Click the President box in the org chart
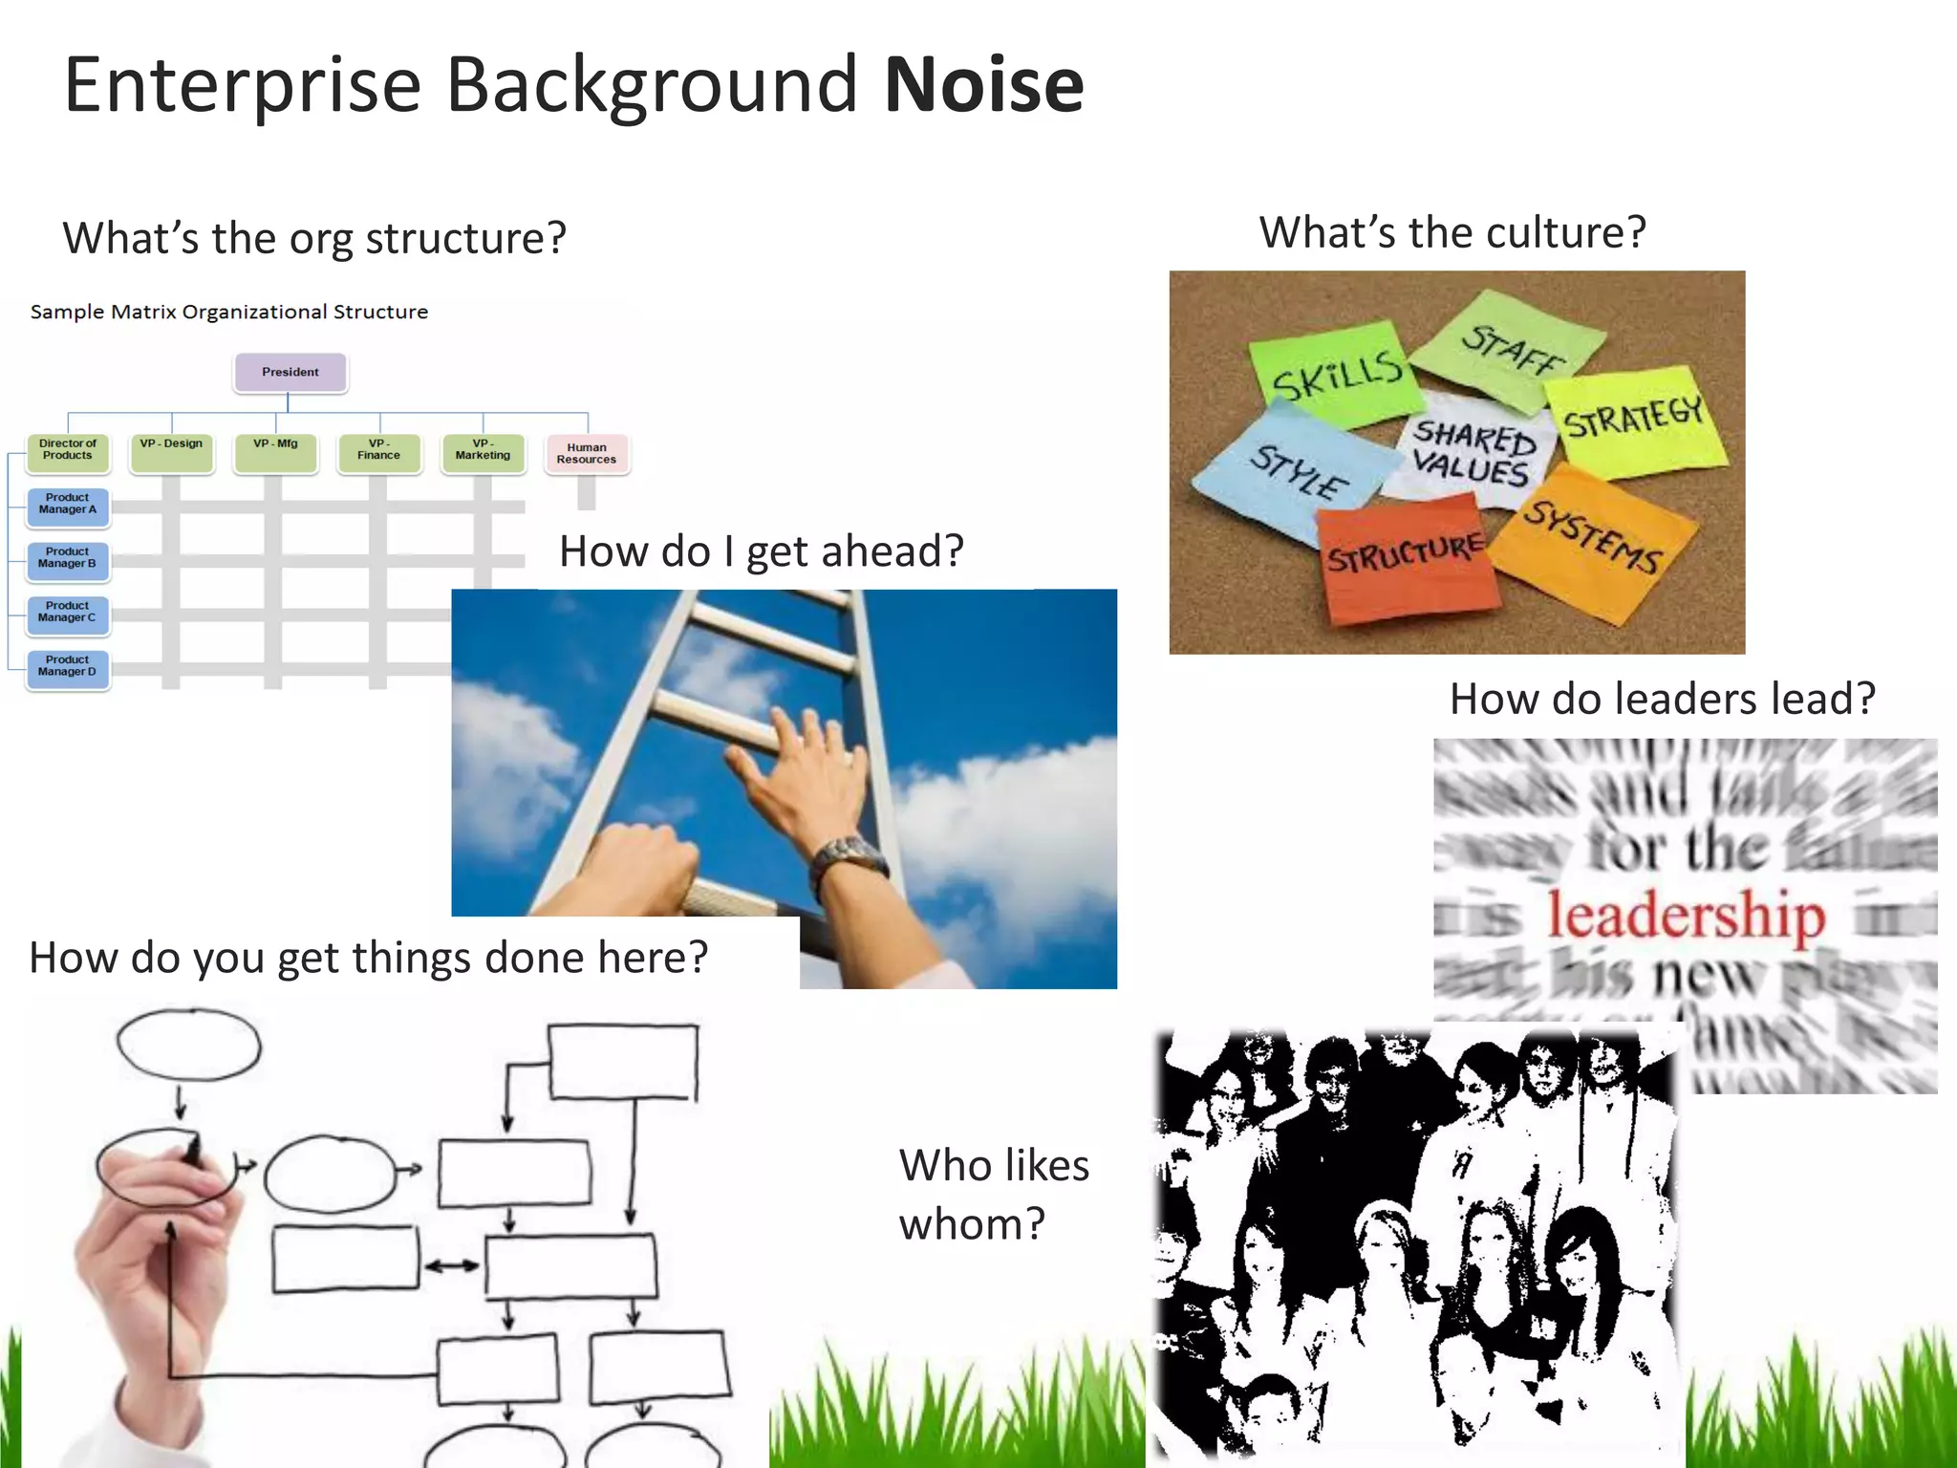point(290,373)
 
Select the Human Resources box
point(587,454)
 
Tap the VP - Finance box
point(378,451)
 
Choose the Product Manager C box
point(67,613)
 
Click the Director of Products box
point(68,451)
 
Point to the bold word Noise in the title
point(984,86)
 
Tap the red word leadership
point(1687,916)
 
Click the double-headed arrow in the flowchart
point(452,1266)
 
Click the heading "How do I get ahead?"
point(762,551)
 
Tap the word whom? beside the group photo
point(972,1224)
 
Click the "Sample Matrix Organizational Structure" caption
point(229,313)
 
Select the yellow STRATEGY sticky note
point(1634,421)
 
